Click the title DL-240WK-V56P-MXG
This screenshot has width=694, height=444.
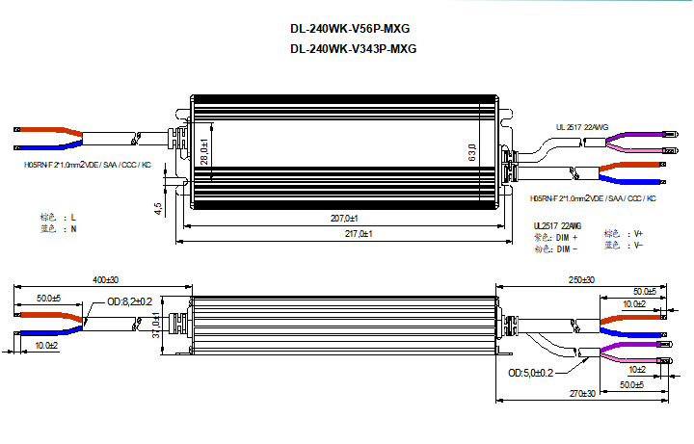[x=357, y=29]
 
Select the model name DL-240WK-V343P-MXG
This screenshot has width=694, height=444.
[x=357, y=49]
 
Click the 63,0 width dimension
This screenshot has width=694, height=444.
[x=472, y=153]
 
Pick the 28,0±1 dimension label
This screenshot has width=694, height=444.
[x=204, y=152]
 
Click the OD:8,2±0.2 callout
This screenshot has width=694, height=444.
[x=129, y=301]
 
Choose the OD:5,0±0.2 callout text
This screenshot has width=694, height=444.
[x=530, y=373]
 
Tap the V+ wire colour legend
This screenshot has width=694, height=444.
[x=635, y=234]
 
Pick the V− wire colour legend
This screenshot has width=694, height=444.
[x=635, y=246]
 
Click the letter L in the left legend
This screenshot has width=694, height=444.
[x=73, y=219]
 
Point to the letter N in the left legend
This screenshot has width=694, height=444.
[x=73, y=230]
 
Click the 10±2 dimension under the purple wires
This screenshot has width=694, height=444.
[x=636, y=369]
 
